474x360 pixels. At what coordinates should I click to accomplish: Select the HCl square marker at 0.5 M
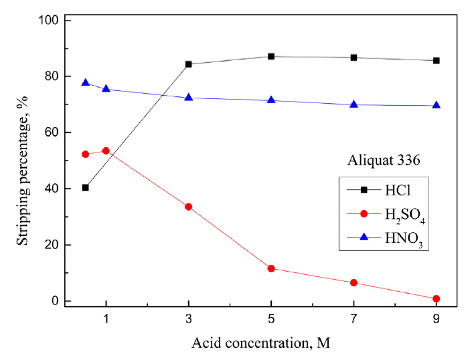click(x=85, y=187)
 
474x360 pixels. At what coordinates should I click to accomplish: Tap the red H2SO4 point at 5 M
click(x=271, y=268)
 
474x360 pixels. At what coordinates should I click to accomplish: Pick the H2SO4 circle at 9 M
click(x=437, y=298)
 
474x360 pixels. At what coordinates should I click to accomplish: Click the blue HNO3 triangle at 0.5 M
click(x=85, y=83)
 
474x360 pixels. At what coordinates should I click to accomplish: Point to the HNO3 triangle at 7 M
click(x=353, y=104)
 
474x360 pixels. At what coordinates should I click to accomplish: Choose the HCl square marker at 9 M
click(x=437, y=60)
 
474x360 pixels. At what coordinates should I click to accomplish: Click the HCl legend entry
click(x=382, y=190)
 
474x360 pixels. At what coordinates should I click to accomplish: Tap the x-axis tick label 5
click(x=271, y=320)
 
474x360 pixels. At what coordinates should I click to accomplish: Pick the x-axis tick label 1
click(x=106, y=320)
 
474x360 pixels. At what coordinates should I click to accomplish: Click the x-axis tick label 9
click(x=437, y=320)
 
